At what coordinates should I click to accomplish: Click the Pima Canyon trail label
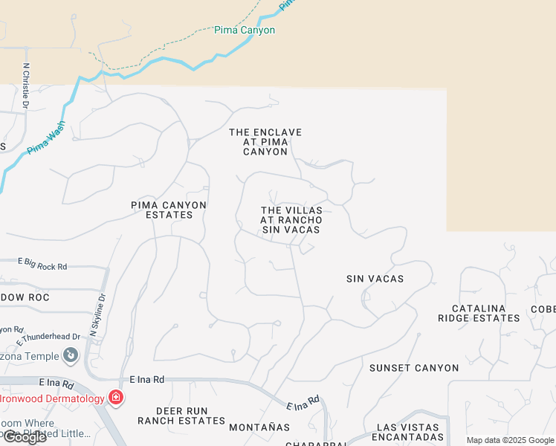245,30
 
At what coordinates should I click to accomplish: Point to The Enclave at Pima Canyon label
265,142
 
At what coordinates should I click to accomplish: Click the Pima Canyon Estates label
169,210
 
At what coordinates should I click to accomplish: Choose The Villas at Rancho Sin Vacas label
291,220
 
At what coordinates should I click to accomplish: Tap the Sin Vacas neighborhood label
375,279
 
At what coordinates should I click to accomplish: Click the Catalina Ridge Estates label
488,313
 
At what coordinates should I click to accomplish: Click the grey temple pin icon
71,355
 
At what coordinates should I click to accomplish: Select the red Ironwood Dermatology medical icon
115,398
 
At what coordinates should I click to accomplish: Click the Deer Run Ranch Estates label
181,416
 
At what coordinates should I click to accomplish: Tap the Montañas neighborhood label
259,427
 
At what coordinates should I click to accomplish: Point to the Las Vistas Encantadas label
410,432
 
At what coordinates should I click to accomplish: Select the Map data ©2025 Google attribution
509,440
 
